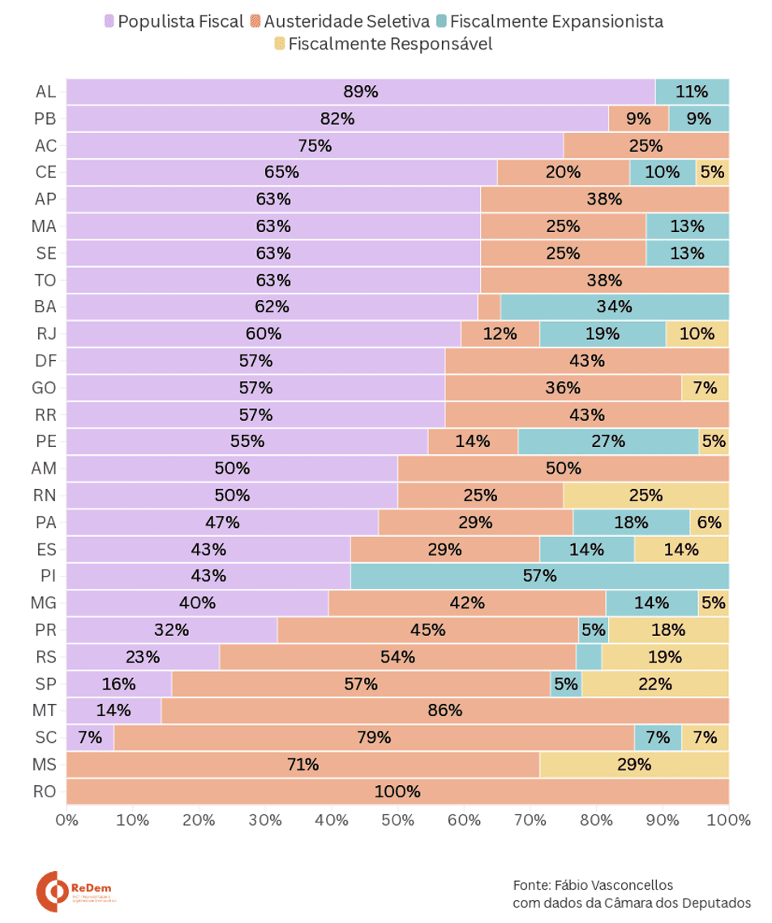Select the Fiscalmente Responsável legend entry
coord(384,44)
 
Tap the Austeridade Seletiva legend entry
coord(340,22)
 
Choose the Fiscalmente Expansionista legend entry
coord(549,22)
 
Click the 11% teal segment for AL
coord(692,92)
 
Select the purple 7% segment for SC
coord(89,737)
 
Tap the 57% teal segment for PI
coord(539,576)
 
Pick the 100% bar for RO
coord(397,792)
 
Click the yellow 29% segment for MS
coord(634,764)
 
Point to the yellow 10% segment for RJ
coord(697,333)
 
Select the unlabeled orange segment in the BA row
coord(489,307)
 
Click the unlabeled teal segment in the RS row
coord(589,657)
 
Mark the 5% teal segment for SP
coord(566,684)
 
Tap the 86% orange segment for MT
coord(444,710)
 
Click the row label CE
coord(45,172)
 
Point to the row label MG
coord(44,603)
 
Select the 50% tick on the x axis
coord(397,819)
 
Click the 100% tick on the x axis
coord(728,819)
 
